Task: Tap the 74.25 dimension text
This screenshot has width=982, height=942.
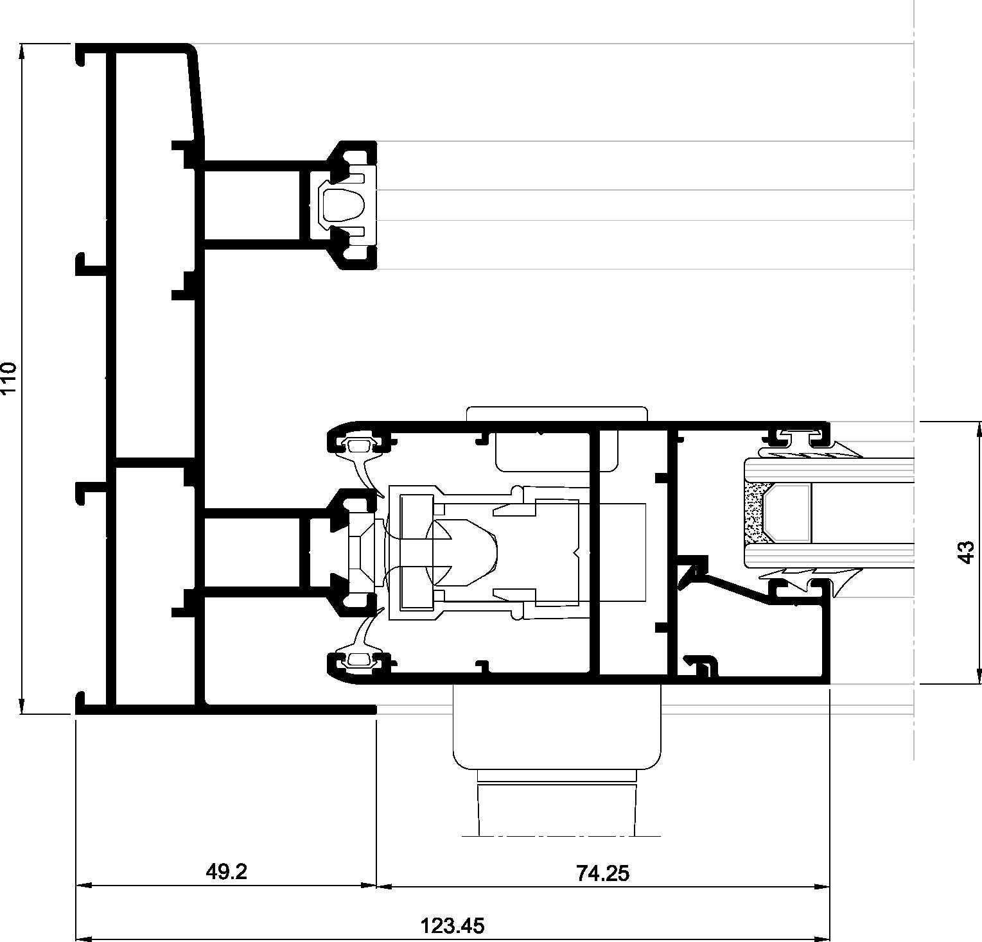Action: tap(602, 873)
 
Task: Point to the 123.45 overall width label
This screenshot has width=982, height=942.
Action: tap(452, 925)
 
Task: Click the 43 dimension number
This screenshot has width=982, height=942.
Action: tap(966, 552)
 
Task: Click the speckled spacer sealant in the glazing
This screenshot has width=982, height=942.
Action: tap(753, 513)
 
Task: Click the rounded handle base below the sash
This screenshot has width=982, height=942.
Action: tap(557, 726)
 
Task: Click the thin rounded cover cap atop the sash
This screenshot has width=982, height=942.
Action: tap(556, 413)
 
